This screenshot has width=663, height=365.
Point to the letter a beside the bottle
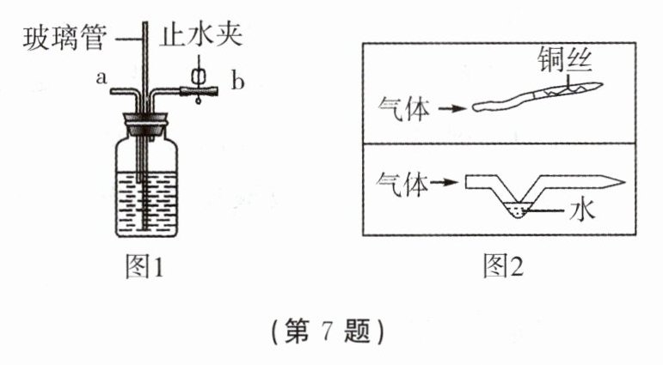pos(101,79)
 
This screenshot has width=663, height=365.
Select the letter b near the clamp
pos(238,82)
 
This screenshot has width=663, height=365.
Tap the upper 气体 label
pos(403,110)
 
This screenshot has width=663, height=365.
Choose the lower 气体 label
pos(403,182)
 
